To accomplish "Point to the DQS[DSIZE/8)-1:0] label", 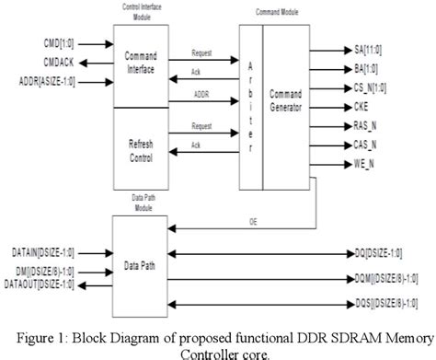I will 384,303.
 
